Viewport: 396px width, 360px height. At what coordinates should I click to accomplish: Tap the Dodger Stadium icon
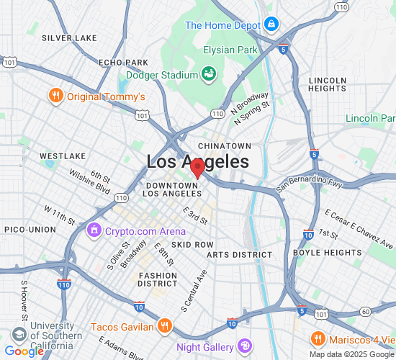click(x=209, y=74)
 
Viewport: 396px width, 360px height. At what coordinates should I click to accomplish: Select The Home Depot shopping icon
click(x=271, y=25)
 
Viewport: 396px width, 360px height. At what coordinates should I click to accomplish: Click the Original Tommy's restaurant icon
click(x=55, y=96)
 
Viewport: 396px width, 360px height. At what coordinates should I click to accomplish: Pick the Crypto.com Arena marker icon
click(x=94, y=231)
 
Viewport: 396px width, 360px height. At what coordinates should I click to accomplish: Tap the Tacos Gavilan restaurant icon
click(x=165, y=326)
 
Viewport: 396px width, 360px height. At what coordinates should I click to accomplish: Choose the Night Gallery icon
click(x=245, y=346)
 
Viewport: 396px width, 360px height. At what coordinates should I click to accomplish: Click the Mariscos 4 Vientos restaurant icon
click(x=317, y=339)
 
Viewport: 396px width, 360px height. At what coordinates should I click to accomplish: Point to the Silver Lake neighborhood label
click(x=69, y=37)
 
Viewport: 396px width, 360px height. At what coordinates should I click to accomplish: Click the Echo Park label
click(x=123, y=63)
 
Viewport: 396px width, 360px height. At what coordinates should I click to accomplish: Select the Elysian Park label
click(x=230, y=50)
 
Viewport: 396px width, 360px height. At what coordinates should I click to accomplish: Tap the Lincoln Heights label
click(x=328, y=84)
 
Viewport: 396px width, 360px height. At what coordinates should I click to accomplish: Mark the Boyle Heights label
click(x=327, y=253)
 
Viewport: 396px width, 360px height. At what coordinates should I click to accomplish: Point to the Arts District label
click(x=239, y=255)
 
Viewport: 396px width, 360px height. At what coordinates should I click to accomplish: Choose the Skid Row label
click(x=192, y=245)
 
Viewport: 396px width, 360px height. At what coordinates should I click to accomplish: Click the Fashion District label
click(x=158, y=279)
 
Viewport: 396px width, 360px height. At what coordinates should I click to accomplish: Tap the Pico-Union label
click(x=30, y=229)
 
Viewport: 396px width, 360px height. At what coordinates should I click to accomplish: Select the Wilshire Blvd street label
click(x=89, y=182)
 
